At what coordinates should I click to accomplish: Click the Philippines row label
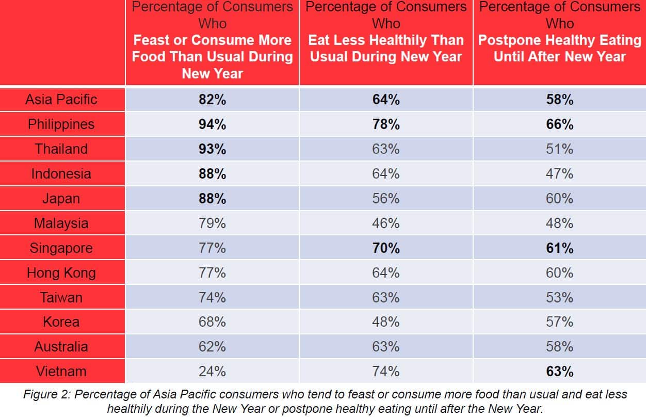tap(61, 124)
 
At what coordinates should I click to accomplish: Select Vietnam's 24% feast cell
tap(212, 372)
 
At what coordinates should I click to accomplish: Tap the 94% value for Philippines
tap(212, 124)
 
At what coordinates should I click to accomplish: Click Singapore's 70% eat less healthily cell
tap(386, 248)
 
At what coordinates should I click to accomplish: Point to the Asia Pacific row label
tap(61, 99)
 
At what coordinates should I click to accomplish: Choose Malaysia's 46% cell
tap(386, 223)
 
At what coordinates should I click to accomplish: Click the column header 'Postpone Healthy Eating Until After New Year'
tap(559, 48)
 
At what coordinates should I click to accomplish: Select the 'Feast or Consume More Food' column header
tap(212, 48)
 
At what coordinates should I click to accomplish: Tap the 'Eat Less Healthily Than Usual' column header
tap(386, 48)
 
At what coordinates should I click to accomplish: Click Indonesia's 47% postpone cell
tap(559, 174)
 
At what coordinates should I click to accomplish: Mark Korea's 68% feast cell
tap(212, 322)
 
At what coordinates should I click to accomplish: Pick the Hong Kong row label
tap(61, 272)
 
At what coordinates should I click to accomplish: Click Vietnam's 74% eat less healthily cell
tap(386, 372)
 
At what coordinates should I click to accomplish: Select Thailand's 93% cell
tap(212, 149)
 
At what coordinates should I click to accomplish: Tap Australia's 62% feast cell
tap(212, 347)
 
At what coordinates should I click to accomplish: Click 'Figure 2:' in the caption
tap(46, 395)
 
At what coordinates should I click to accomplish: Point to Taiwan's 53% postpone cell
tap(559, 298)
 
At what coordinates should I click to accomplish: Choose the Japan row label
tap(61, 199)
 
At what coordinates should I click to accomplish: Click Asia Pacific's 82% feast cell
tap(212, 100)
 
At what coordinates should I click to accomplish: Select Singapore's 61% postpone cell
tap(559, 248)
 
